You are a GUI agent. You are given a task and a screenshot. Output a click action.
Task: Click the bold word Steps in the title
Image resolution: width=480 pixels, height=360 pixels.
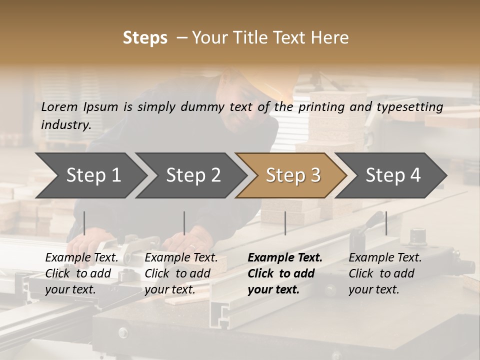[x=145, y=38]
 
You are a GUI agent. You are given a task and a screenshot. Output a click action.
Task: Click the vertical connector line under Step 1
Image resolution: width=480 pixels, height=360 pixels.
[x=84, y=223]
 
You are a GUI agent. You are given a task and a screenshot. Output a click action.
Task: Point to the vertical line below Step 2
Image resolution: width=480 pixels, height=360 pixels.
[x=184, y=223]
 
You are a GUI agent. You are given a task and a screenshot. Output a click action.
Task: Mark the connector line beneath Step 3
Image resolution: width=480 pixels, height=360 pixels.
[x=285, y=223]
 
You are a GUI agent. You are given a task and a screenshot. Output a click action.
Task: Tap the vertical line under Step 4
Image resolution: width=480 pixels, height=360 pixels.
[x=386, y=223]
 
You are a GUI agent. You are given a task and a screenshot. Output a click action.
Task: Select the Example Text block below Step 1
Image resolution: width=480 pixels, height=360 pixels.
[x=81, y=273]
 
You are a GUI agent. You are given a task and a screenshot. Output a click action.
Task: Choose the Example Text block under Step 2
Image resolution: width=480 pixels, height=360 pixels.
[x=181, y=273]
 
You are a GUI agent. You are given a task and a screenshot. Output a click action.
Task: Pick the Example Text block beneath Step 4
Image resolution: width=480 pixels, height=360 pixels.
[x=385, y=273]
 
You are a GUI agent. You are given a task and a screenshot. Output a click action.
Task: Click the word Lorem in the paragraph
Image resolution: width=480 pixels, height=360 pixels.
[x=59, y=106]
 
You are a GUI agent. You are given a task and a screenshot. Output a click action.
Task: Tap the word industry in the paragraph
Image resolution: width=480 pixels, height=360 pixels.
[x=65, y=124]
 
